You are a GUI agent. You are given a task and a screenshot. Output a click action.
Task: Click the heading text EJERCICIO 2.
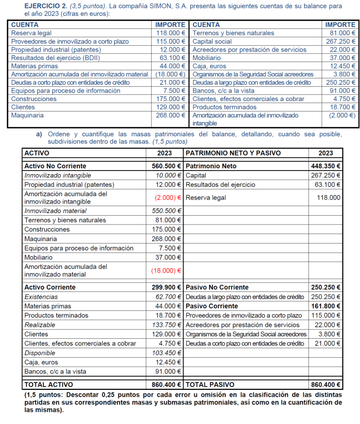(32, 5)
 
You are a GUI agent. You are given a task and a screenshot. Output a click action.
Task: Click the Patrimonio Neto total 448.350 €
(325, 166)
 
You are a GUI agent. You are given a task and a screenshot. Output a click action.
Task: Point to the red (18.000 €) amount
(166, 270)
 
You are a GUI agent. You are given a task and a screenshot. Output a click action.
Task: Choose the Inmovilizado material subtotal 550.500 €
(166, 211)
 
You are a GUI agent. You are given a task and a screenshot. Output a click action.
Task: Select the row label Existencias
(41, 297)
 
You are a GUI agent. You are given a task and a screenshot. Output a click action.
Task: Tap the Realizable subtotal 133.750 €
(166, 325)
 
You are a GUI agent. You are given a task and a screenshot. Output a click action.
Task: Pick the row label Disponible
(40, 353)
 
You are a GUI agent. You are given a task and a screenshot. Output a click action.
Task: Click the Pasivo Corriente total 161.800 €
(325, 306)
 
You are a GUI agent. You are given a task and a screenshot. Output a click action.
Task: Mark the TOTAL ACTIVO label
(50, 384)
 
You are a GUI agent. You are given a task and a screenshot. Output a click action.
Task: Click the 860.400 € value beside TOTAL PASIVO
(325, 384)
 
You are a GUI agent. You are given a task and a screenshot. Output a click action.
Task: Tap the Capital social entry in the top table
(212, 42)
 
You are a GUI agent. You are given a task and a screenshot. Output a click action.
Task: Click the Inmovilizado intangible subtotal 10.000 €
(168, 175)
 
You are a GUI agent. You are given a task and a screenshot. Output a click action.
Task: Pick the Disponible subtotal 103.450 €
(166, 353)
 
